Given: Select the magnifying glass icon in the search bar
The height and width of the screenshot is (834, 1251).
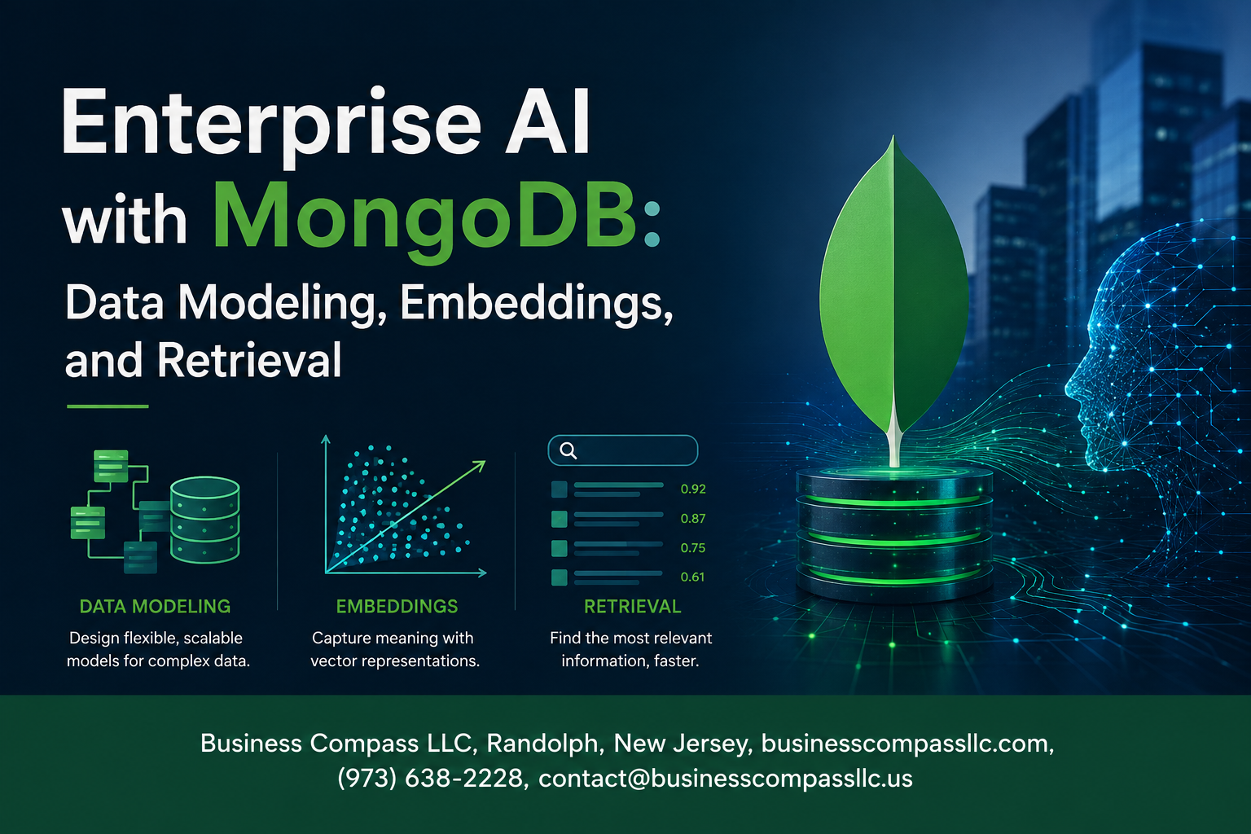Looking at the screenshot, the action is coord(568,450).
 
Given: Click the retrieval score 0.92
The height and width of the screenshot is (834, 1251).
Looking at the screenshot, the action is coord(693,489).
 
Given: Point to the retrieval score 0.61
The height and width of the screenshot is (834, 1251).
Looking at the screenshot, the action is coord(692,577).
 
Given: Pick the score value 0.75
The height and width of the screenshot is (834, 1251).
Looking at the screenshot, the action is coord(693,548).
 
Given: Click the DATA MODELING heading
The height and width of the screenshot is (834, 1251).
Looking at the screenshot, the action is coord(155,606).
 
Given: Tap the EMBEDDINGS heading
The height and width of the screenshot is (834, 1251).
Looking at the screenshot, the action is coord(397,606).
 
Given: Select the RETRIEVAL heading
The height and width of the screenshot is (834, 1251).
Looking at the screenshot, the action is coord(632,606).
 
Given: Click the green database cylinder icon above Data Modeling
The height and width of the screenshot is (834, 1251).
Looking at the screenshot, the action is coord(205,520).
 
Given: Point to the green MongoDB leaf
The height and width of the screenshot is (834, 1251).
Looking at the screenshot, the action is coord(893,291).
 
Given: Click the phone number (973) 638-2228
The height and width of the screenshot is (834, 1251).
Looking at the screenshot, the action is coord(430,778).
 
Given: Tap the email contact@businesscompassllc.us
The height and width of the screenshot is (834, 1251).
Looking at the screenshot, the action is coord(726,778).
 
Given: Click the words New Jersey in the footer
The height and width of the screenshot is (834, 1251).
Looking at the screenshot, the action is coord(680,744).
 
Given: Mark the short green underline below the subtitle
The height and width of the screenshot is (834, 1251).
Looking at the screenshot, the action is coord(108,406).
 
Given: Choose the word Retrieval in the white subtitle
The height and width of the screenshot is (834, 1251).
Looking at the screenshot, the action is coord(249,360).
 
